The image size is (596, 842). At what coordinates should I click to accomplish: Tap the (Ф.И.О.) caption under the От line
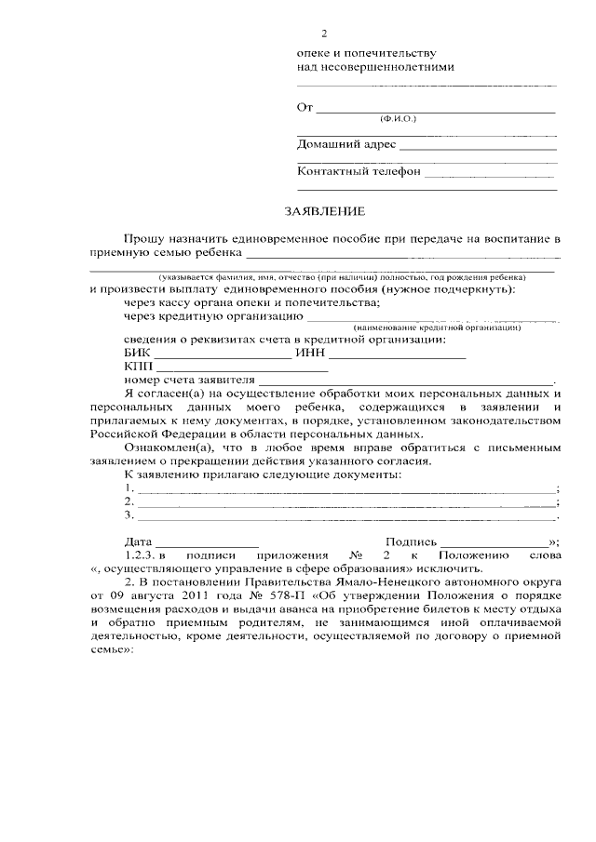click(x=399, y=121)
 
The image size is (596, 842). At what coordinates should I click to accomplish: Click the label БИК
click(x=136, y=354)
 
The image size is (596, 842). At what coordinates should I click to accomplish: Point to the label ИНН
click(x=309, y=354)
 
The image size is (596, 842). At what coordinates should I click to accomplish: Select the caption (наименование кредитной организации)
click(x=437, y=328)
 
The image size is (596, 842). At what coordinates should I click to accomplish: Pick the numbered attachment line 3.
click(x=341, y=515)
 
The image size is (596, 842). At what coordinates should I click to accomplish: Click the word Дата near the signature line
click(x=138, y=541)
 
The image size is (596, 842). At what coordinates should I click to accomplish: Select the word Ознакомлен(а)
click(x=165, y=448)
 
